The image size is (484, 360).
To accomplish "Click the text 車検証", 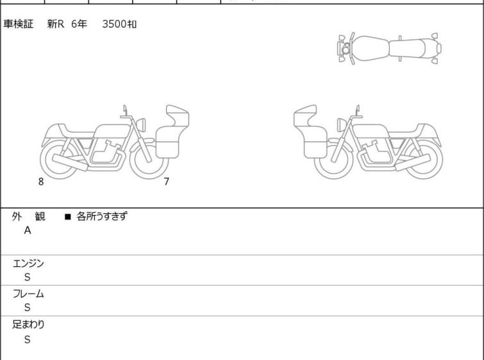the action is [x=18, y=24].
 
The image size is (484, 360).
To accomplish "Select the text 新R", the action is [x=56, y=24].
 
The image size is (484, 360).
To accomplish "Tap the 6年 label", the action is [x=79, y=24].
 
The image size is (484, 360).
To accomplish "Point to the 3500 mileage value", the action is [x=114, y=24].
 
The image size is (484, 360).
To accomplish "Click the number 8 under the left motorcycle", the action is [x=41, y=182].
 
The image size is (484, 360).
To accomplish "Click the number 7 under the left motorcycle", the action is [x=167, y=182].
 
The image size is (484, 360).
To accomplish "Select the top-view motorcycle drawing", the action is [x=389, y=49].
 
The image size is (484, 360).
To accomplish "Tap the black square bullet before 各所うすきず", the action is [x=68, y=217].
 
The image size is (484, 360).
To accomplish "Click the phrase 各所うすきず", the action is [x=102, y=216].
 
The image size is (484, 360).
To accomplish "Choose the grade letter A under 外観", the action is [x=28, y=230].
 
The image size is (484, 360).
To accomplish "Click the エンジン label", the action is [x=28, y=263].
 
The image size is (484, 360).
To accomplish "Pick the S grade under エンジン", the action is [x=28, y=277].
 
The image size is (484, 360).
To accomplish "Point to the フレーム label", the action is [x=28, y=293].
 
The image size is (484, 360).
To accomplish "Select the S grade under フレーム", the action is [x=28, y=307].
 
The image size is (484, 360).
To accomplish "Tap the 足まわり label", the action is [x=28, y=324].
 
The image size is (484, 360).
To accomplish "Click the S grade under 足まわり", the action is [x=28, y=339].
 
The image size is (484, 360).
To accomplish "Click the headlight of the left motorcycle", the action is [x=141, y=125].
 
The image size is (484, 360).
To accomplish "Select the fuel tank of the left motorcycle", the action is [x=112, y=131].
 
